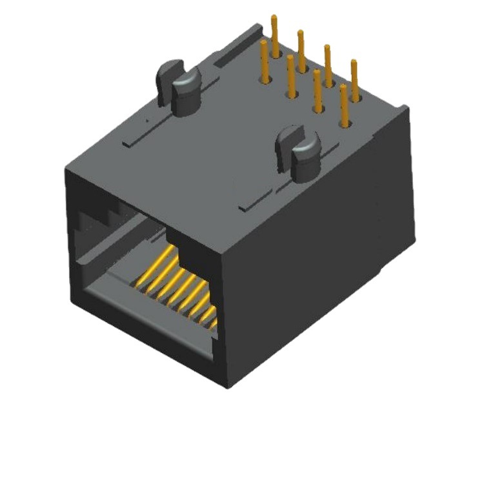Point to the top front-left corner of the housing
pyautogui.click(x=66, y=169)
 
